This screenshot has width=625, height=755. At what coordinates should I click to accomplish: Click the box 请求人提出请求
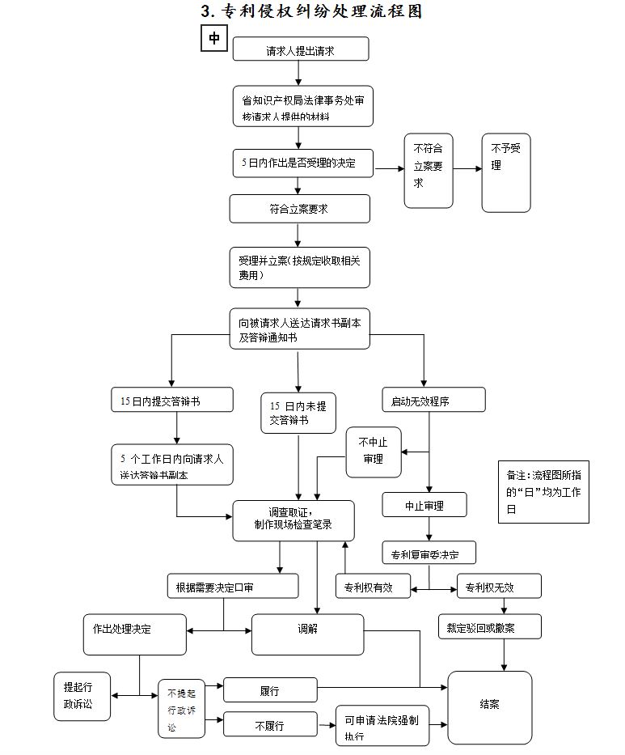point(301,49)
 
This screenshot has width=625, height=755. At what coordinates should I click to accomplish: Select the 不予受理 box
point(506,172)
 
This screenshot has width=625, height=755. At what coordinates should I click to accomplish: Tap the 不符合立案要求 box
point(429,170)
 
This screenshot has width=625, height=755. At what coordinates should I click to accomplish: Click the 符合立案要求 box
point(299,209)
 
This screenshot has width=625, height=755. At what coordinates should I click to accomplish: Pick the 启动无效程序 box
point(433,400)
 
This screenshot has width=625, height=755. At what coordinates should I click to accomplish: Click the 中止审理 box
point(424,505)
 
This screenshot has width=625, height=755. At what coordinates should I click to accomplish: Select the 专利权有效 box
point(373,587)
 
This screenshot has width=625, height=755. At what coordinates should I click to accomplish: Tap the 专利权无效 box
point(499,587)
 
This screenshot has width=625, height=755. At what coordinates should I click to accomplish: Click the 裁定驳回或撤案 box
point(489,627)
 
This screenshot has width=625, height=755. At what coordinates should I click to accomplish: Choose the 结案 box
point(489,706)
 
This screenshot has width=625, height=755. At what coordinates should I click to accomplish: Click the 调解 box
point(307,634)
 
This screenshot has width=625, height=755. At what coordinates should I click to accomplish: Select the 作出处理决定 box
point(134,634)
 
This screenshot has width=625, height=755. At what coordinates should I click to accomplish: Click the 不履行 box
point(269,725)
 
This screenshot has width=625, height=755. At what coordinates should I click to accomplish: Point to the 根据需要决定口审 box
point(232,587)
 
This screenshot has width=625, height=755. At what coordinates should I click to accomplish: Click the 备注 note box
point(543,492)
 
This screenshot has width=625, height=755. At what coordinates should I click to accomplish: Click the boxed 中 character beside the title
point(213,38)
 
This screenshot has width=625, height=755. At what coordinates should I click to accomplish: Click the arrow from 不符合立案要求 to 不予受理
point(467,169)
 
